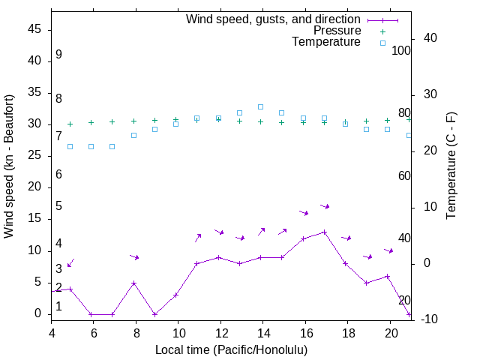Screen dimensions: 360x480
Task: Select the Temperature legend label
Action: pos(326,42)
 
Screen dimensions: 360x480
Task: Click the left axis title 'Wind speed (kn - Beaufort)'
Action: pos(9,166)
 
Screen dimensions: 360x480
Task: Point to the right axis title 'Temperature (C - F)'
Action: pos(451,166)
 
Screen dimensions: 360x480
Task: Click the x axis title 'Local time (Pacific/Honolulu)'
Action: pos(231,349)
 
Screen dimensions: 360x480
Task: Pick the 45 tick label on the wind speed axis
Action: pos(34,29)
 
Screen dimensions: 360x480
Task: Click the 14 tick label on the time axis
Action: pos(262,331)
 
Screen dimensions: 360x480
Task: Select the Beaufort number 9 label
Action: pos(58,55)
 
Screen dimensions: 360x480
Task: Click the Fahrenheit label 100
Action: pos(401,50)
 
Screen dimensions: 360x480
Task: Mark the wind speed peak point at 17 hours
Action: pos(324,232)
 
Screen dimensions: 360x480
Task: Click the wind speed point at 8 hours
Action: pos(133,283)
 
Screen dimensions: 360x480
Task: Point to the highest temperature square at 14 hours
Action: pos(260,106)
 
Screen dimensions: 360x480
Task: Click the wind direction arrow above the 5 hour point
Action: pos(70,262)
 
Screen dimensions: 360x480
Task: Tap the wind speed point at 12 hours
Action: pos(218,257)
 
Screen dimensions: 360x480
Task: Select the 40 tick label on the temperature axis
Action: pos(420,38)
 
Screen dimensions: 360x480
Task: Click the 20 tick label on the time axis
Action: pos(390,331)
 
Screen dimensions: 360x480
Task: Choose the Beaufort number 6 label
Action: pos(58,174)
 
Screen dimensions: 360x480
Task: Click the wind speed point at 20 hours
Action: pos(388,276)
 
